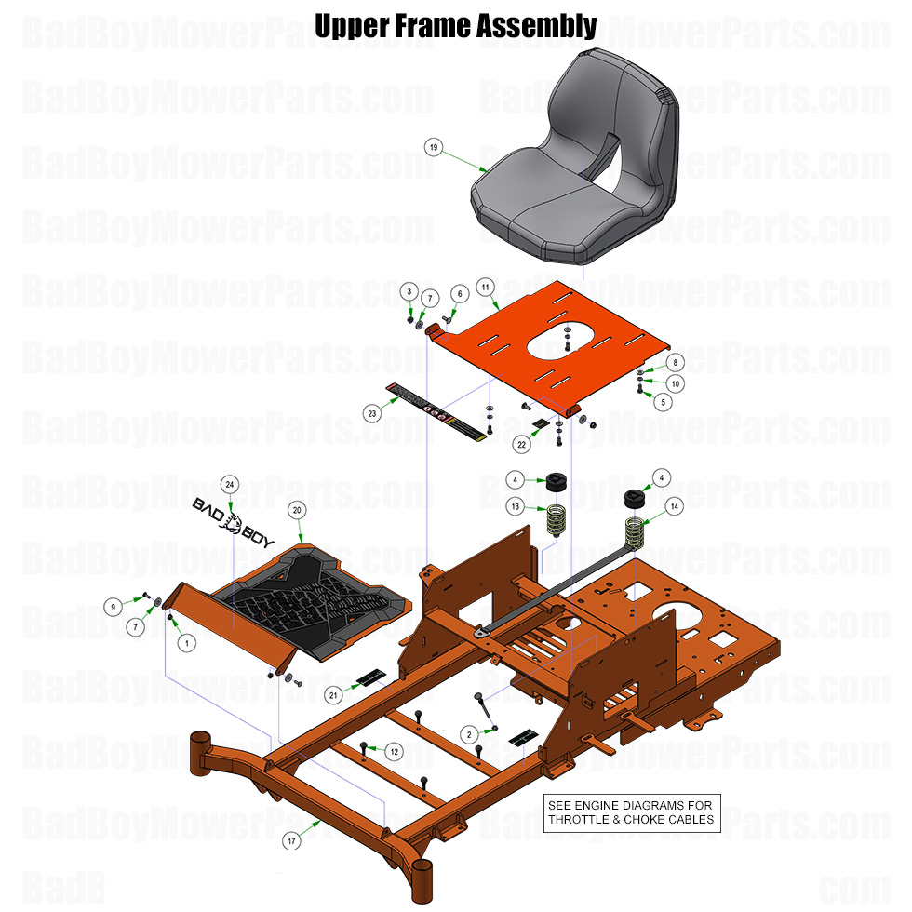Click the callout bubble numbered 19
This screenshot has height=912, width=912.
tap(433, 147)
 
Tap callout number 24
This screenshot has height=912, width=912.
tap(230, 483)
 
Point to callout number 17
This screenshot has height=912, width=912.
tap(291, 841)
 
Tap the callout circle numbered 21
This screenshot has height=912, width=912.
tap(334, 694)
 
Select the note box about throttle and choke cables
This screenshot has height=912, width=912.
tap(632, 812)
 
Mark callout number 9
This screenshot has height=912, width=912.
tap(113, 607)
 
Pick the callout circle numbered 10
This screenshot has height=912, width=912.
tap(676, 383)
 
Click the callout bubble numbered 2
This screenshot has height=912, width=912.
tap(469, 735)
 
